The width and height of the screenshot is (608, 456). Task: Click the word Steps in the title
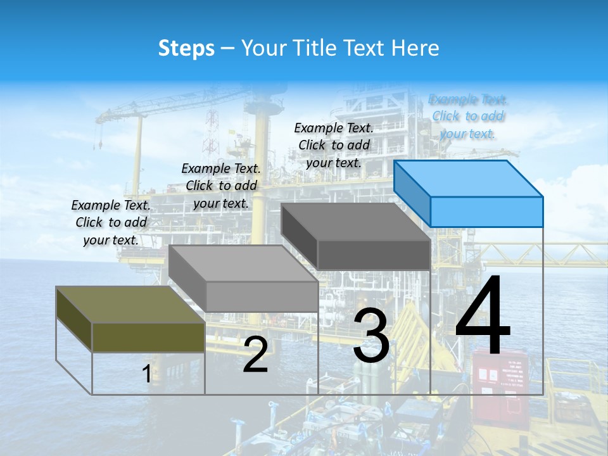click(186, 48)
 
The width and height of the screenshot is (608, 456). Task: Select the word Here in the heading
click(415, 48)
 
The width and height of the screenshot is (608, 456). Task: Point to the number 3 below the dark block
click(371, 336)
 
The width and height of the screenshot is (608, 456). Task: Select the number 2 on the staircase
click(256, 355)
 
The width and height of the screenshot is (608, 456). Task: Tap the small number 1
click(147, 374)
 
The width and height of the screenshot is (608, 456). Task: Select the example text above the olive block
click(111, 222)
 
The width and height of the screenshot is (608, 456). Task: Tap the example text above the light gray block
click(222, 186)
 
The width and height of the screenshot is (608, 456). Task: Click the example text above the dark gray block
click(334, 145)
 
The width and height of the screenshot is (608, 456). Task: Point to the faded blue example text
click(468, 117)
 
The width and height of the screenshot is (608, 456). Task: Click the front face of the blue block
click(486, 212)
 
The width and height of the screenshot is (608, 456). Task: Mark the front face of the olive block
click(148, 337)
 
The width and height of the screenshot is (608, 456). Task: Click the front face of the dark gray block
click(374, 255)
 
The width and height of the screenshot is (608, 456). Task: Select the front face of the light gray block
click(262, 296)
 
